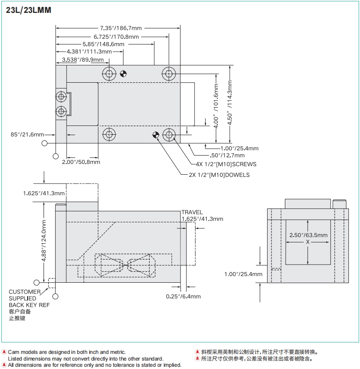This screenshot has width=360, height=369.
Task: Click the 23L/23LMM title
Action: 28,10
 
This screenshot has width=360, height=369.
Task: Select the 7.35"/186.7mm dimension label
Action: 118,28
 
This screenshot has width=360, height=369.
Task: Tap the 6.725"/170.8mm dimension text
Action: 116,36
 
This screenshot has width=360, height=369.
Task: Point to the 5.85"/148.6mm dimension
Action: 103,44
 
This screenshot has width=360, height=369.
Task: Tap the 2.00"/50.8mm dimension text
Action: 80,162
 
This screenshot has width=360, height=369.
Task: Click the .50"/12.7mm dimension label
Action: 227,155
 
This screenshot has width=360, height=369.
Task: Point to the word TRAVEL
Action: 192,213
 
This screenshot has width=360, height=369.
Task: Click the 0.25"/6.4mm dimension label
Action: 183,296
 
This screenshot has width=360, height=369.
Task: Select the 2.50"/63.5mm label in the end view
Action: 308,235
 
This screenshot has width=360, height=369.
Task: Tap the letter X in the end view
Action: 308,242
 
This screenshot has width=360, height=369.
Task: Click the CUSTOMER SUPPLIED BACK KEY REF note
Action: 29,298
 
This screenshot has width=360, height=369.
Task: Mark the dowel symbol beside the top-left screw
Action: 123,73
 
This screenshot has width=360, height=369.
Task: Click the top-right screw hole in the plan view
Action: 168,73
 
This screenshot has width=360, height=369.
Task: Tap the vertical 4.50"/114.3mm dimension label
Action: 230,103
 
